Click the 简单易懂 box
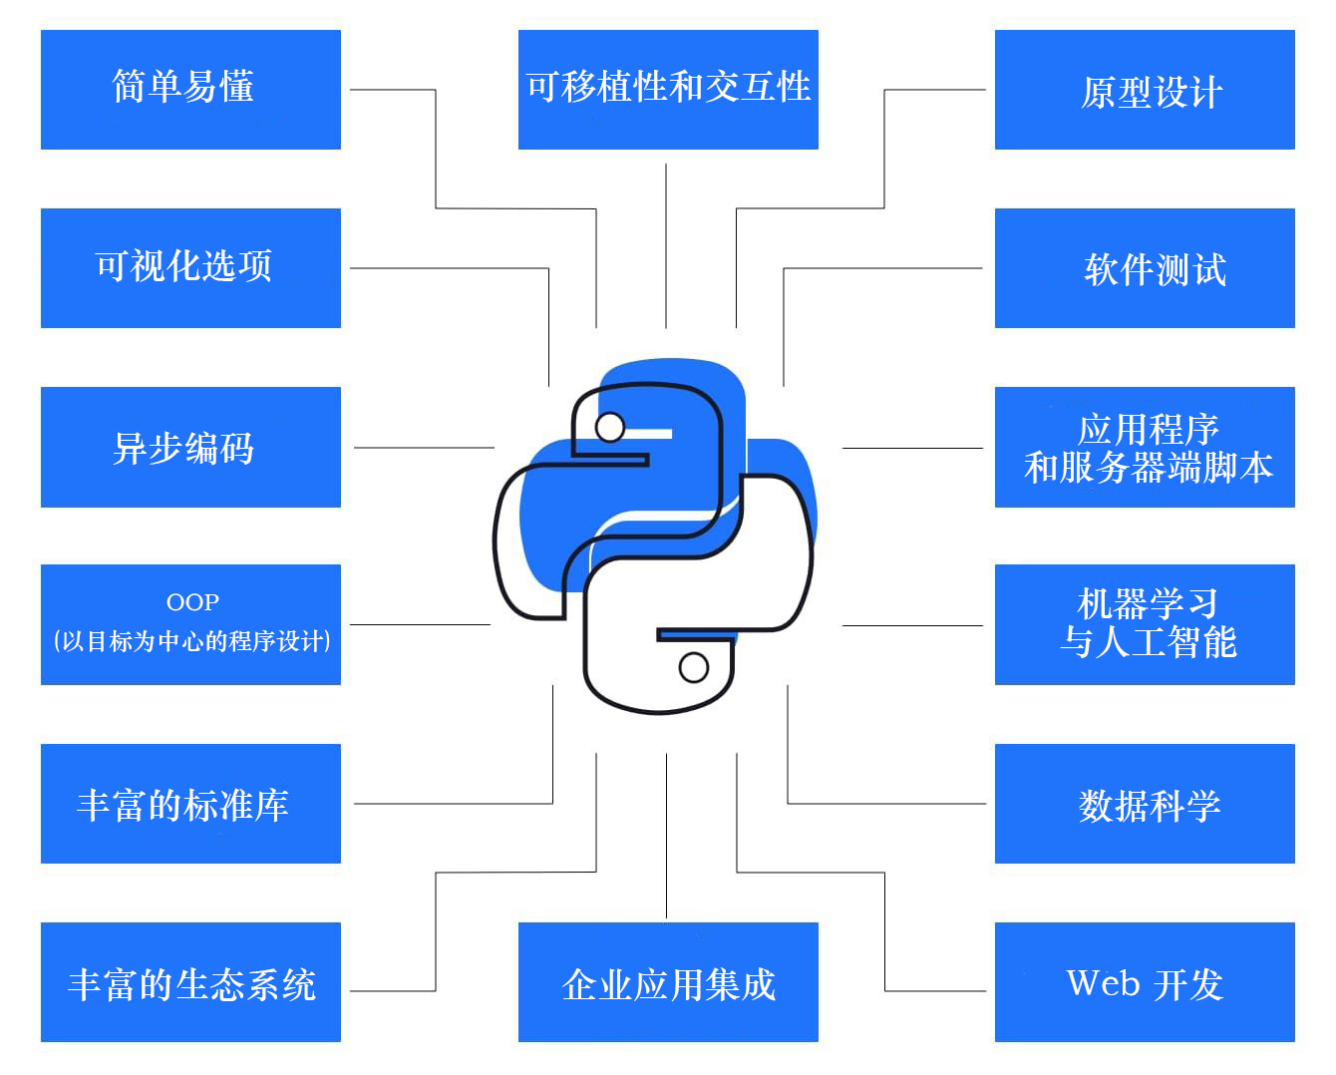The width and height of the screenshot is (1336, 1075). point(190,90)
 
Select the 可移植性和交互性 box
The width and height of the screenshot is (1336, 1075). point(668,90)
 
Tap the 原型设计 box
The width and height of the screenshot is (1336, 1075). point(1145,90)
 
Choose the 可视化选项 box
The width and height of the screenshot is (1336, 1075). point(190,267)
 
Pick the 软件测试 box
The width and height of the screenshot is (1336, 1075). point(1145,267)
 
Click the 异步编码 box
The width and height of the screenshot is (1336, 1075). point(190,447)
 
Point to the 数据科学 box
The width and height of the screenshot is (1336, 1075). point(1145,803)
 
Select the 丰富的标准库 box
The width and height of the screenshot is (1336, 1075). point(190,803)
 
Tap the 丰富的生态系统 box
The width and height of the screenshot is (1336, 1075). point(190,981)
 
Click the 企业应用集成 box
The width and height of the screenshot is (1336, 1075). point(668,981)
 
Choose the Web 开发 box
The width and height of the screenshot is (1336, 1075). point(1145,981)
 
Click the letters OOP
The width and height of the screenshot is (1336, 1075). point(192,601)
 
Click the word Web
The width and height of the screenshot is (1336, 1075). point(1103,982)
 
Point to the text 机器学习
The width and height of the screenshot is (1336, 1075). point(1148,603)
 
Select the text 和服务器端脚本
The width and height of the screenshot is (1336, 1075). point(1149,467)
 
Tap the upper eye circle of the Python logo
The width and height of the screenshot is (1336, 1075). point(609,427)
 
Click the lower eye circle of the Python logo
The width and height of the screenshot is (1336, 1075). point(694,667)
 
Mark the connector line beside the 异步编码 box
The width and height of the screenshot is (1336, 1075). point(424,447)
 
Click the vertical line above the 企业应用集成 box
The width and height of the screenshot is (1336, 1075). point(666,836)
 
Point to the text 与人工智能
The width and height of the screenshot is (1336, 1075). point(1148,641)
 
